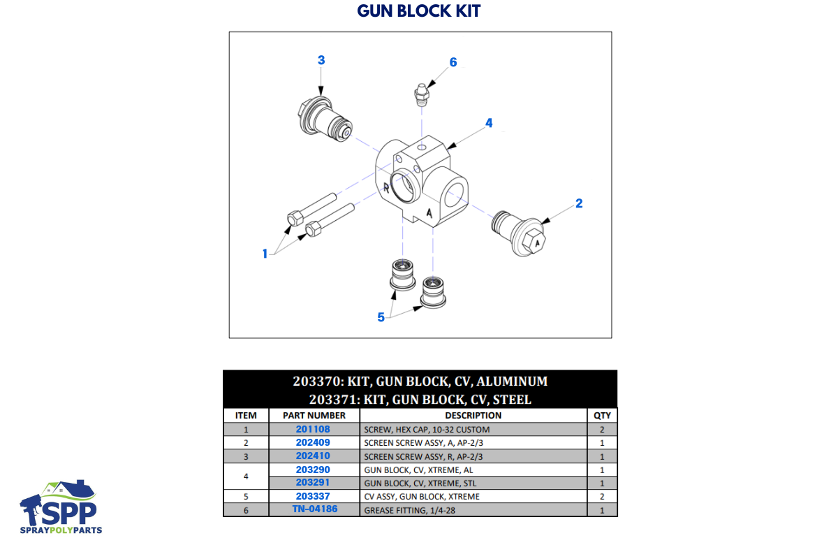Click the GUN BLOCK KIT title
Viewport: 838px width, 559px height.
[419, 11]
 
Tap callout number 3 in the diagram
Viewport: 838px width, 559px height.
[321, 60]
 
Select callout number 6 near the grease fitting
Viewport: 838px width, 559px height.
[453, 62]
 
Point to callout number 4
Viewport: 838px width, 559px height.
[489, 123]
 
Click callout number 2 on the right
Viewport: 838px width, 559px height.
[579, 203]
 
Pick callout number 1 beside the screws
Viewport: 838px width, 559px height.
[265, 254]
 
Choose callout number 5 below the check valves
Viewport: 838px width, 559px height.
[381, 317]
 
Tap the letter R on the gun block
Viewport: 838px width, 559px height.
[386, 187]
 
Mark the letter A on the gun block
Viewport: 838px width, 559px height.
[430, 213]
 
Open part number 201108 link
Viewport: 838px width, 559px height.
[313, 429]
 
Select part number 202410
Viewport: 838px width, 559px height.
[313, 456]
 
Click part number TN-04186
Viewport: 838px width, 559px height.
[315, 509]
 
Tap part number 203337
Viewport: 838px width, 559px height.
[313, 496]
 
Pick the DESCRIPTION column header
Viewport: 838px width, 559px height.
[473, 415]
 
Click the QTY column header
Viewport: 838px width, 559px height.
[602, 415]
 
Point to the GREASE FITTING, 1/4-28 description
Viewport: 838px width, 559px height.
[406, 510]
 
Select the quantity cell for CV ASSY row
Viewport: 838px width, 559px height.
[602, 496]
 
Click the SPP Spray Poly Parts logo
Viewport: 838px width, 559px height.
[61, 508]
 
